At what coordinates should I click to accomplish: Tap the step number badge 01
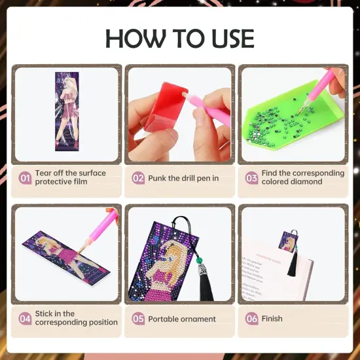[x=26, y=177]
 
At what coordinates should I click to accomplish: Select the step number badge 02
[x=138, y=177]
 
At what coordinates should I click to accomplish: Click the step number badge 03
[x=251, y=177]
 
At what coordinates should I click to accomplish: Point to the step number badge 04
[x=26, y=319]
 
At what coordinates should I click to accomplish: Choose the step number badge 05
[x=138, y=319]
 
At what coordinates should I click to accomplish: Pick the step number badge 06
[x=251, y=319]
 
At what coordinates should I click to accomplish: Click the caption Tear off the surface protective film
[x=70, y=177]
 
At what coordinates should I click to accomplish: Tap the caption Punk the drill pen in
[x=183, y=177]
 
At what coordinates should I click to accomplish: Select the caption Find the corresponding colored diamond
[x=302, y=177]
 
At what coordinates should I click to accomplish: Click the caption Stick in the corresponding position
[x=77, y=318]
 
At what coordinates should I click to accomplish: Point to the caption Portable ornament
[x=182, y=319]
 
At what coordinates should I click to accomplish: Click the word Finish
[x=272, y=319]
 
